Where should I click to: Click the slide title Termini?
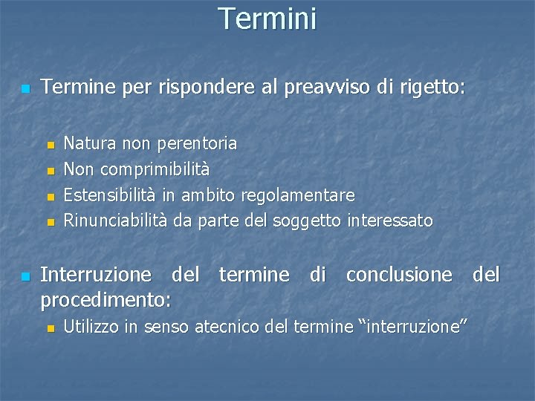pos(267,18)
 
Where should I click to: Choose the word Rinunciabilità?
pos(117,221)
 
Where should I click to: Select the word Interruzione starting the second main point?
pos(97,275)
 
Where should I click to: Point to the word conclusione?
pos(398,275)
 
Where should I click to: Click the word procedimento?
pos(104,299)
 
